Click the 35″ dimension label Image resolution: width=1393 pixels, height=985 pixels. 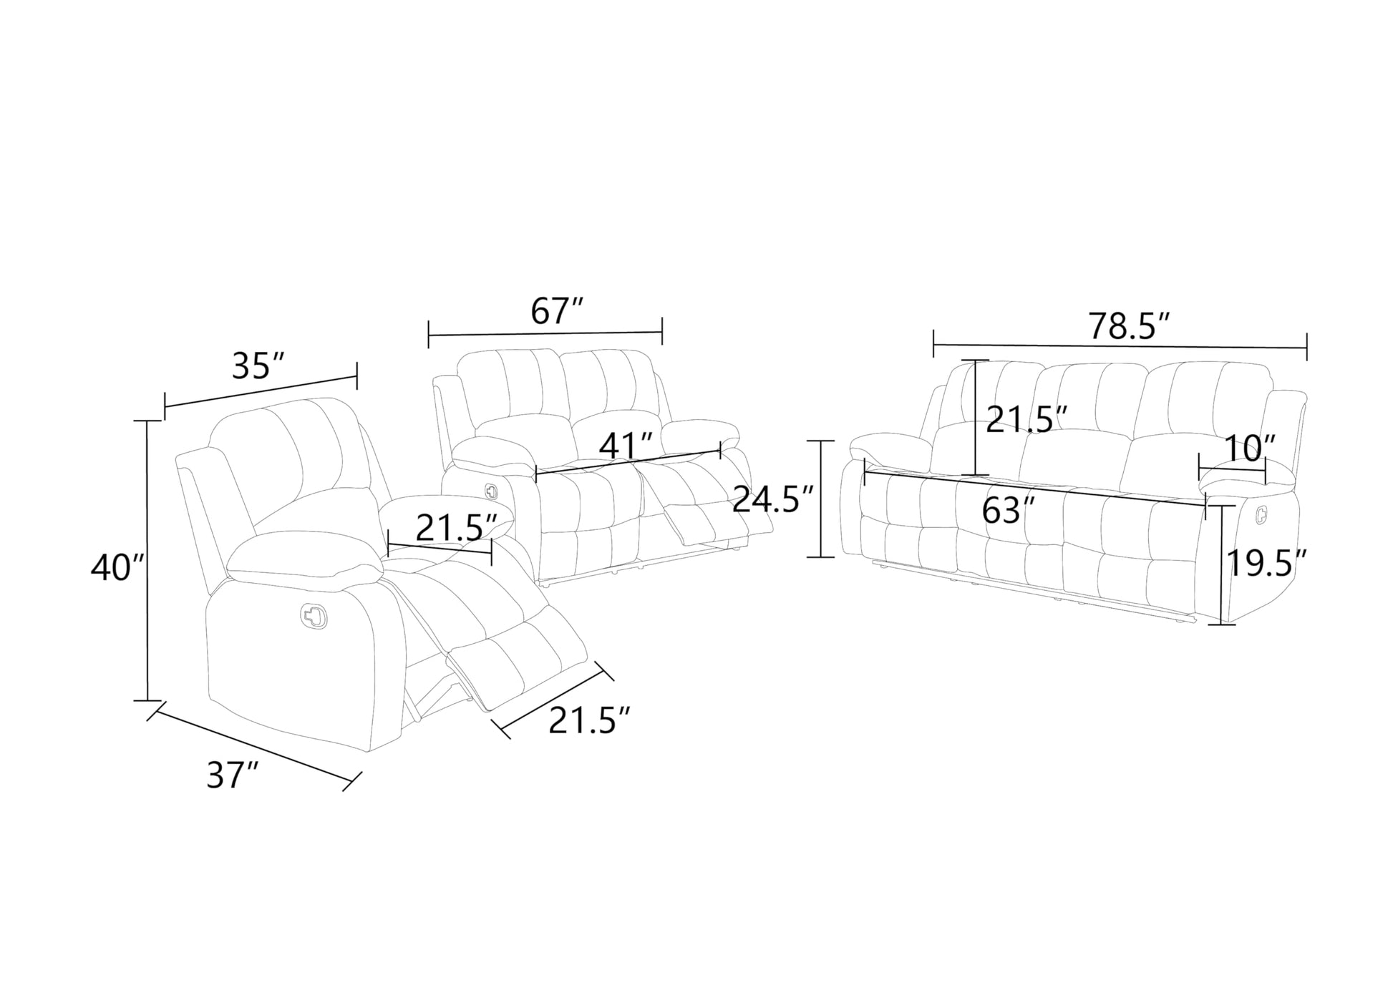pos(258,367)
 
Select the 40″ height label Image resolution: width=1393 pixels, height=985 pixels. pos(118,568)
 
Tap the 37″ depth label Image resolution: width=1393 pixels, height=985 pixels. pos(233,775)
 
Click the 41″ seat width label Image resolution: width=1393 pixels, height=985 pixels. pos(626,446)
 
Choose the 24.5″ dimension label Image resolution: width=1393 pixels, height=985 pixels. pos(774,499)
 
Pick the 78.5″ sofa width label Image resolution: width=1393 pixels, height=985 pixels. pos(1130,326)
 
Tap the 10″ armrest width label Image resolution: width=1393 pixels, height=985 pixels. pos(1249,449)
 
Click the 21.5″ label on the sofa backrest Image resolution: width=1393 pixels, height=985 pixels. pos(1027,418)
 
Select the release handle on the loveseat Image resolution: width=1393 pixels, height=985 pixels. pos(490,491)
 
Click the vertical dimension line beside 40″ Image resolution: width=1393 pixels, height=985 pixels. pos(148,561)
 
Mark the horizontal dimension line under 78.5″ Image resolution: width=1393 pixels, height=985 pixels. pos(1120,348)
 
